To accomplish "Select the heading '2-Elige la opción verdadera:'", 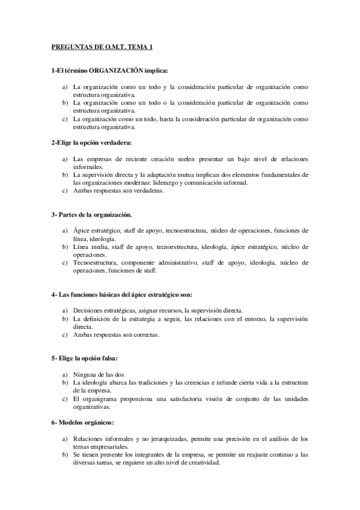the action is coord(90,142).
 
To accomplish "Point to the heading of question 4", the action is coord(121,295).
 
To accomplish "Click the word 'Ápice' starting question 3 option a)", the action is coord(81,230).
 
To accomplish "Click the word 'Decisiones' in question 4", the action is coord(88,310).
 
